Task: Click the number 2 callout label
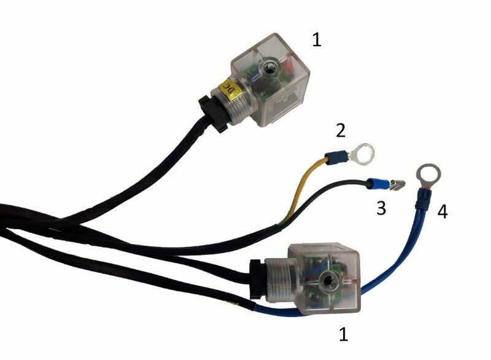click(341, 130)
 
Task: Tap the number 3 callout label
click(381, 208)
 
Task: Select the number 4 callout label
click(443, 212)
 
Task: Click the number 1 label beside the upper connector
click(317, 40)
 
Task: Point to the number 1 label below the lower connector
click(344, 334)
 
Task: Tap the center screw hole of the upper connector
click(269, 66)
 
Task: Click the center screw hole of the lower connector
click(328, 282)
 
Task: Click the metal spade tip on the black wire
click(396, 185)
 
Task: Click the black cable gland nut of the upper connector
click(214, 114)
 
